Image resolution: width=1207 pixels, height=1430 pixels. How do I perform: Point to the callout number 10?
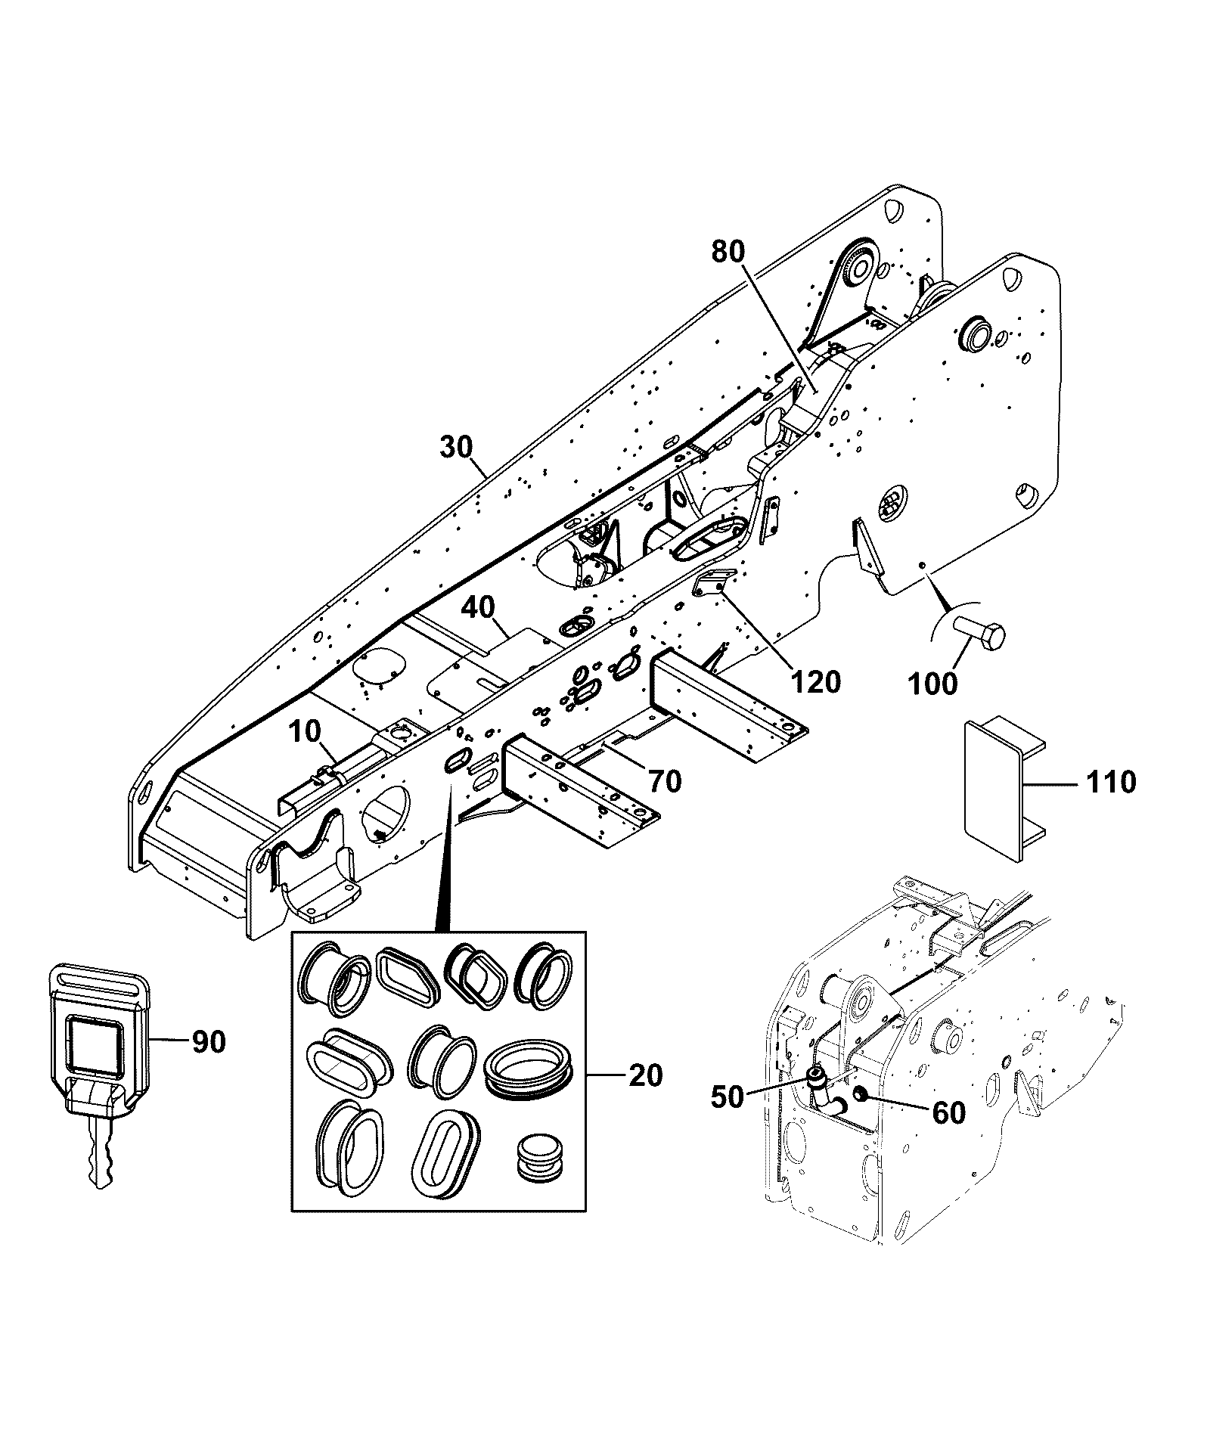(x=305, y=731)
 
